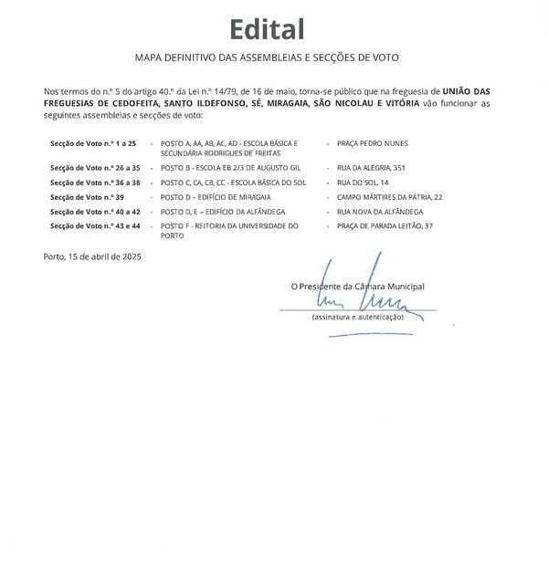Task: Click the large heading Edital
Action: pos(267,29)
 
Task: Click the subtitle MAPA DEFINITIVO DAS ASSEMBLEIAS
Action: pos(267,57)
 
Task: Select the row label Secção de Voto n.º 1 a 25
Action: pos(93,144)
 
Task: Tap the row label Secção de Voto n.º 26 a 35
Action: pos(95,169)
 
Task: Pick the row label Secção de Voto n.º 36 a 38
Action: pos(95,183)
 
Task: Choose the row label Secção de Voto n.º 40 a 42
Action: pos(95,211)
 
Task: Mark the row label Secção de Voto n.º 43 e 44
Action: pos(95,225)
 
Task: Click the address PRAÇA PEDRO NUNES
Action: pos(373,144)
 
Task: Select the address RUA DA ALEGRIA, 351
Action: pos(374,169)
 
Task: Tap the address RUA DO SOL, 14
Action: pos(364,183)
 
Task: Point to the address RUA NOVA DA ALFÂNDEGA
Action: pos(381,211)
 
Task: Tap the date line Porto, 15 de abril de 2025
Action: pos(92,256)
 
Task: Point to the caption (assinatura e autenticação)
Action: pos(357,317)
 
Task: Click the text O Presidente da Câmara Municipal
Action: pos(357,286)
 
